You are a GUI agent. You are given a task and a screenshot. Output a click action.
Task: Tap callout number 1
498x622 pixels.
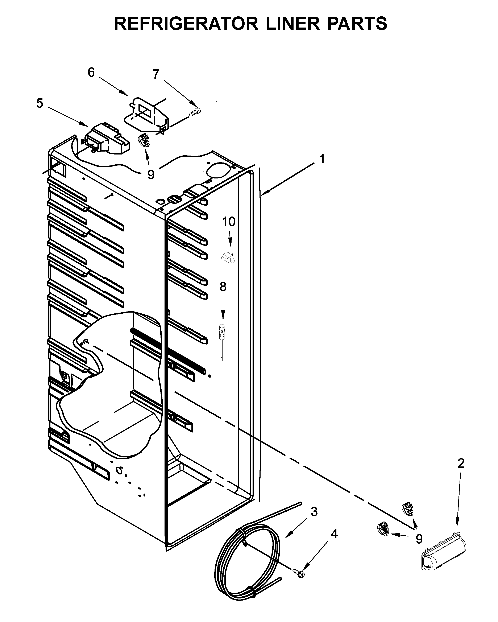click(322, 159)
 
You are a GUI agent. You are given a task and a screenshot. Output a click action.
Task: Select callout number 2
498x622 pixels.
click(461, 471)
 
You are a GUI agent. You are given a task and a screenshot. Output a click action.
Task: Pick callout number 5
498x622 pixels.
click(40, 103)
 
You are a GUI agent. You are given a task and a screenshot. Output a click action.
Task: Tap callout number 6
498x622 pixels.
click(91, 72)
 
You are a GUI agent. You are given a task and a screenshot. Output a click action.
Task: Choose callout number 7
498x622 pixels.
click(156, 74)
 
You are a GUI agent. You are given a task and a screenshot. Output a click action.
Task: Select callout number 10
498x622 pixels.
click(229, 222)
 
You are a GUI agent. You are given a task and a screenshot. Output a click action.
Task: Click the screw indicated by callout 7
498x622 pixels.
click(195, 112)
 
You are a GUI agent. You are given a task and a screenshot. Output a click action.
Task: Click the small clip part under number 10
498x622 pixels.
click(228, 256)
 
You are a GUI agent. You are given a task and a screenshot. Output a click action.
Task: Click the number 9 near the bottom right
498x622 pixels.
click(419, 539)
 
